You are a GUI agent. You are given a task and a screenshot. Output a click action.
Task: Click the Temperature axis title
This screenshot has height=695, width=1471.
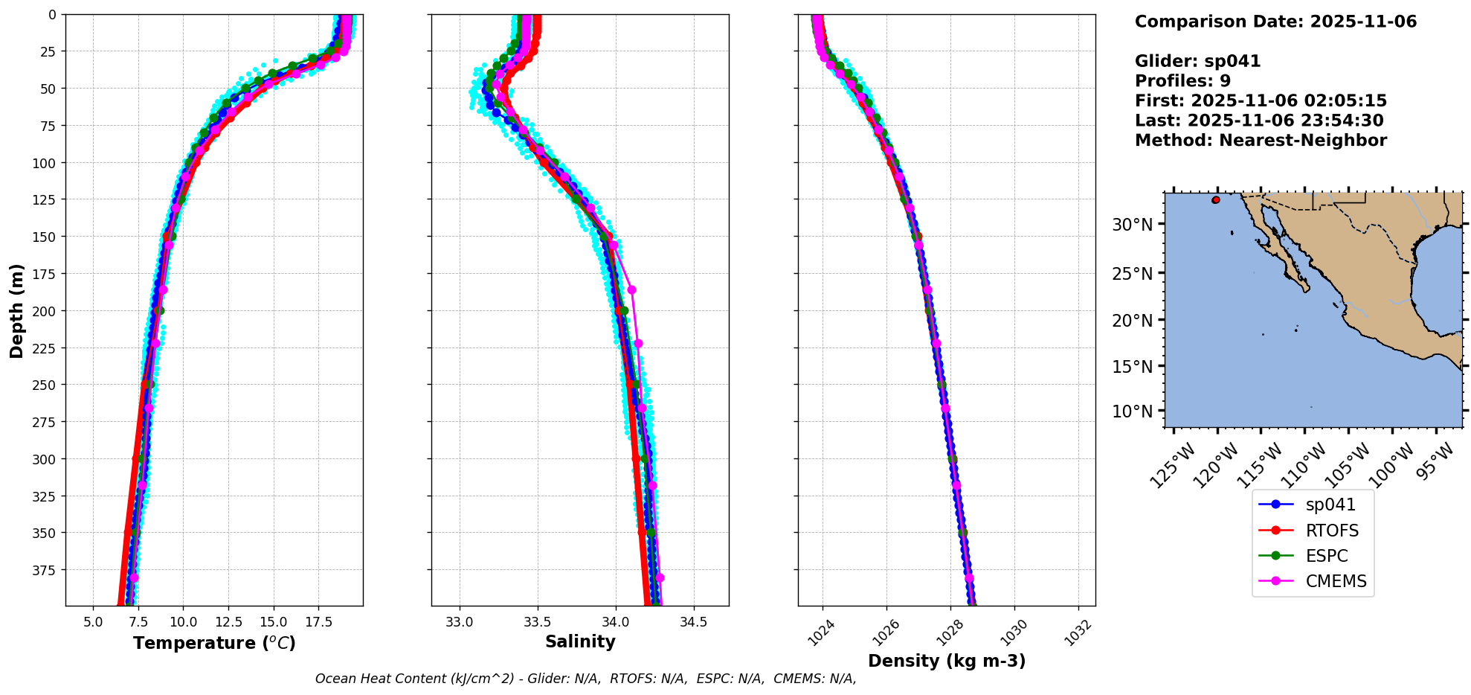click(214, 643)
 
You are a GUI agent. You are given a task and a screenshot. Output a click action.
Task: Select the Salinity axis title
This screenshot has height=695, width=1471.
click(580, 641)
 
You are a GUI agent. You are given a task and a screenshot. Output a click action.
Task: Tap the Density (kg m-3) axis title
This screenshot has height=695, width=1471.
click(947, 661)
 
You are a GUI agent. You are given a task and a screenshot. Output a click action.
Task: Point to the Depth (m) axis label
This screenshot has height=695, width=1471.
click(16, 310)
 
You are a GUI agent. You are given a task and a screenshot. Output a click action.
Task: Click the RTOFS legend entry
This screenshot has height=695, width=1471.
click(1331, 531)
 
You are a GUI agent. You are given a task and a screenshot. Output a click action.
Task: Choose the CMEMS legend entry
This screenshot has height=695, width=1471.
click(1336, 581)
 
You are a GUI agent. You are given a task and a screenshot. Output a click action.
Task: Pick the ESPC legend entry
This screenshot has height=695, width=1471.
click(1326, 556)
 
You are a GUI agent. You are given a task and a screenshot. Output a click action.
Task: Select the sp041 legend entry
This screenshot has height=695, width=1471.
click(1330, 505)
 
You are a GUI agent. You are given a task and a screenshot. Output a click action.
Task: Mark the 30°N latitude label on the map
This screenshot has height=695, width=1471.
click(1132, 225)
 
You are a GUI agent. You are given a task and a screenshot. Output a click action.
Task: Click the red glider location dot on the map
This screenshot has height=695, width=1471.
click(1216, 199)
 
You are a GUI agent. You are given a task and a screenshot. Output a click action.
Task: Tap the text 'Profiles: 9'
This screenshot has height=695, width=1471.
click(1182, 81)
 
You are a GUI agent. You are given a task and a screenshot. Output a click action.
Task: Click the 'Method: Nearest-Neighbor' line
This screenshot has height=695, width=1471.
click(1261, 141)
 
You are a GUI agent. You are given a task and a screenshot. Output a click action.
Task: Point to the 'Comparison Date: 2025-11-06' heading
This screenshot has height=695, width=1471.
click(1275, 22)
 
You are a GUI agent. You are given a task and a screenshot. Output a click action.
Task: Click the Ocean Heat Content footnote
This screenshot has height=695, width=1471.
click(585, 679)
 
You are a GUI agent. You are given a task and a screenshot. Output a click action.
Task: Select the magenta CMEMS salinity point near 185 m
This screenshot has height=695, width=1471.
click(631, 289)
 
